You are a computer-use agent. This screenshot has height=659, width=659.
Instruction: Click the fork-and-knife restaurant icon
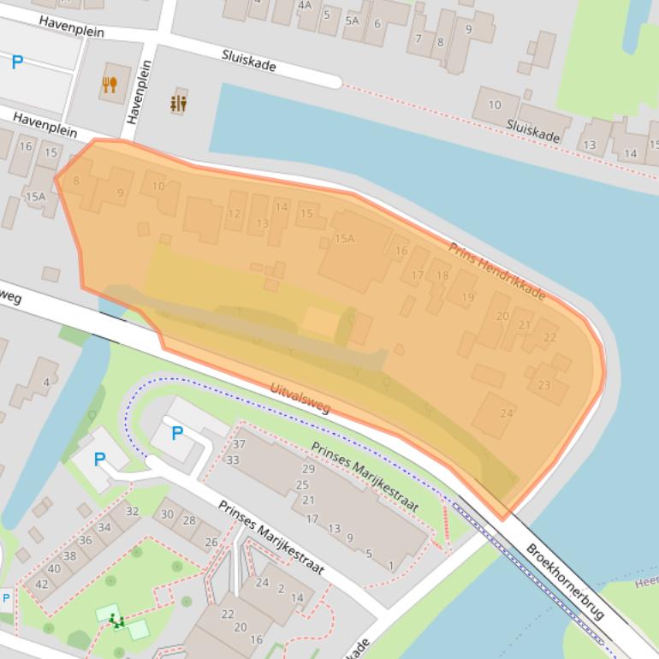pos(110,84)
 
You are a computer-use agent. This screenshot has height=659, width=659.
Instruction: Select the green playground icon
pos(116,620)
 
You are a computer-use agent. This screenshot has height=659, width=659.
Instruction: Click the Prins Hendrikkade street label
pos(497,270)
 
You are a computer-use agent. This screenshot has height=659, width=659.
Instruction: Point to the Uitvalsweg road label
pos(300,398)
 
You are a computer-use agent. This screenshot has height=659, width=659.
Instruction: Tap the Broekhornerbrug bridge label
pos(566,582)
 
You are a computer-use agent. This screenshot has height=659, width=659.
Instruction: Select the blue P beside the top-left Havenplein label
pos(17,62)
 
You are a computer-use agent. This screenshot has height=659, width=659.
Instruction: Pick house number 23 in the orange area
pos(544,385)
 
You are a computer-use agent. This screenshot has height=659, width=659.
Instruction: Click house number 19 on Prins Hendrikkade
pos(467,297)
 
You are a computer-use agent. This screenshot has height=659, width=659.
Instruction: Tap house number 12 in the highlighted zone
pos(234,214)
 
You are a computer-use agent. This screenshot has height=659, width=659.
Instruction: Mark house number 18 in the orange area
pos(442,275)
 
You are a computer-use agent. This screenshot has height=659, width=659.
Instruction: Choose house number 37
pos(239,444)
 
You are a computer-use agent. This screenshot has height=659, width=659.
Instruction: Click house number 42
pos(41,584)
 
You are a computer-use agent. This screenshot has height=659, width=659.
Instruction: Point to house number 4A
pos(305,4)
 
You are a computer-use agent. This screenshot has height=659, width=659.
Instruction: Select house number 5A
pos(352,21)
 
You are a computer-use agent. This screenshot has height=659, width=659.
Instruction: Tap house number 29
pos(308,469)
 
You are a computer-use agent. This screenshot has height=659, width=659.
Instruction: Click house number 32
pos(132,511)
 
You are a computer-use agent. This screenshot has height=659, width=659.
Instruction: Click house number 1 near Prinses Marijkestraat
pos(391,566)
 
